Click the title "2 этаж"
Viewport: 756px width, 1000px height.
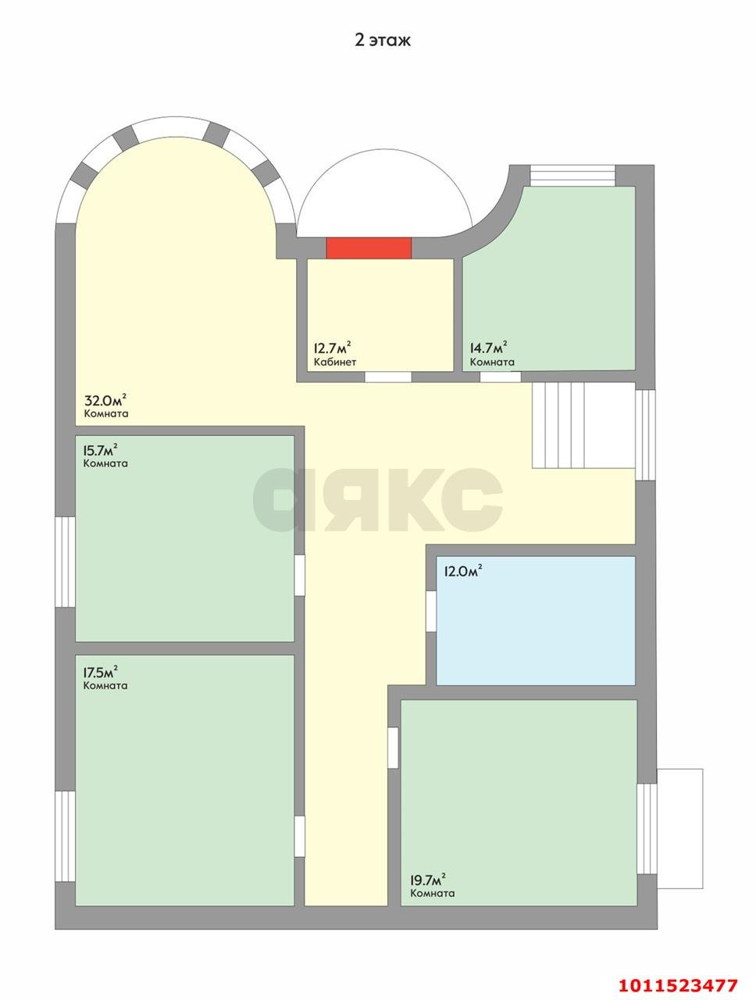[383, 40]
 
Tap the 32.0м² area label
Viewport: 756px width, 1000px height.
[105, 401]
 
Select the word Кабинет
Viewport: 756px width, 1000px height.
[335, 362]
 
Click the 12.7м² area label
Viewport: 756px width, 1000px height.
[332, 348]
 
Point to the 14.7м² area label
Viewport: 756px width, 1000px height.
[489, 348]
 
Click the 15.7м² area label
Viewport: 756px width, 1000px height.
[101, 450]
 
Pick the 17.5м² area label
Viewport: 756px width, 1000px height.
[101, 673]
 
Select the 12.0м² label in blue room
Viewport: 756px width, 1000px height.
[463, 571]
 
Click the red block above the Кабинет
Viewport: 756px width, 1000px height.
[369, 248]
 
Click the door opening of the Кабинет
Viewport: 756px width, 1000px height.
[388, 377]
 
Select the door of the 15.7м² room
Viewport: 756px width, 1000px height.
[299, 575]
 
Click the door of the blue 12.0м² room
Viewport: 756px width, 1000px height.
[431, 611]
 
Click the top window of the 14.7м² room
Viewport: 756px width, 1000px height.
[572, 176]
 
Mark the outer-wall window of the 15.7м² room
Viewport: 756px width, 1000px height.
[65, 562]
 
